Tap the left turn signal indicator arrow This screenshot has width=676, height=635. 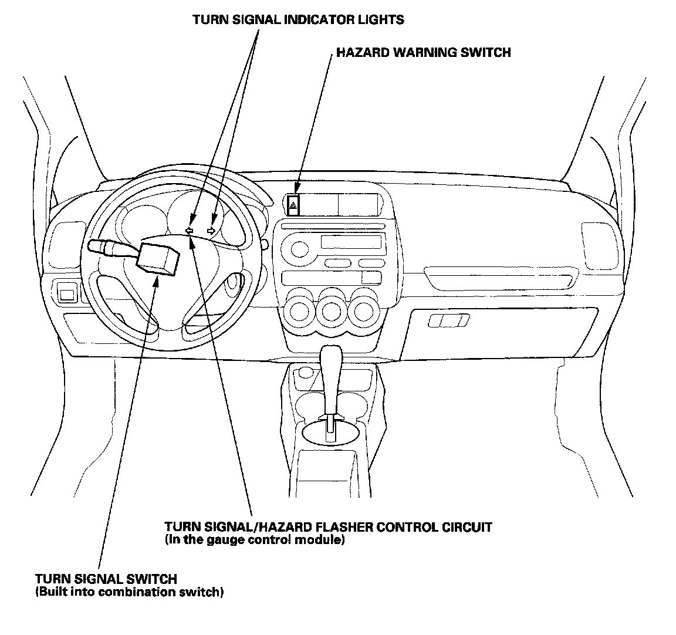189,231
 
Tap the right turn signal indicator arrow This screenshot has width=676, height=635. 212,231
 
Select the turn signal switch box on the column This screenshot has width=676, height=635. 157,258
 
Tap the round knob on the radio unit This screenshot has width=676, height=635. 299,249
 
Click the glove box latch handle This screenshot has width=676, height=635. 449,320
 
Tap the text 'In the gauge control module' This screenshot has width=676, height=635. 255,539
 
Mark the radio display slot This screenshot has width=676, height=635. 351,242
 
